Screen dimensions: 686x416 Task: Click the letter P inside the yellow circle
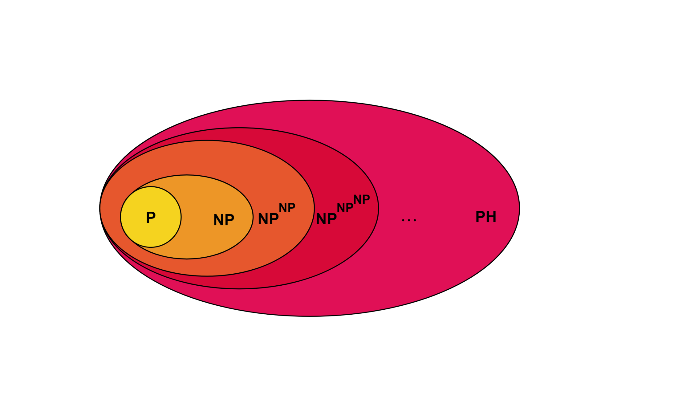coord(151,218)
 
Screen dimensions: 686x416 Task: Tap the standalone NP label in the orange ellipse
coord(224,220)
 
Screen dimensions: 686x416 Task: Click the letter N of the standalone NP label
coord(219,220)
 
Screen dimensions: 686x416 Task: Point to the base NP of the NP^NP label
coord(268,219)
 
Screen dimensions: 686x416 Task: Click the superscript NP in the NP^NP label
coord(287,208)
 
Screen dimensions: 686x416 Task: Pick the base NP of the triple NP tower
coord(326,219)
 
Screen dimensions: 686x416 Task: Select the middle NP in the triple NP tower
coord(345,208)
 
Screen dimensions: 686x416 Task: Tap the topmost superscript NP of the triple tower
coord(361,200)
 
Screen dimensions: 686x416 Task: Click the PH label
coord(486,217)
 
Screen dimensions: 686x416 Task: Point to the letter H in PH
coord(491,217)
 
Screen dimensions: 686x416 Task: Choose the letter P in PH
coord(480,217)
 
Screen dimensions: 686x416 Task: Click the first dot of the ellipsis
coord(403,220)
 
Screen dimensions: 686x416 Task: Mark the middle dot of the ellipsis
coord(409,220)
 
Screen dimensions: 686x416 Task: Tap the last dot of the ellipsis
coord(415,220)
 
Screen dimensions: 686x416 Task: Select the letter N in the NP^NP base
coord(263,219)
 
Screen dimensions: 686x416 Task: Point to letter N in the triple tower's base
coord(322,219)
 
